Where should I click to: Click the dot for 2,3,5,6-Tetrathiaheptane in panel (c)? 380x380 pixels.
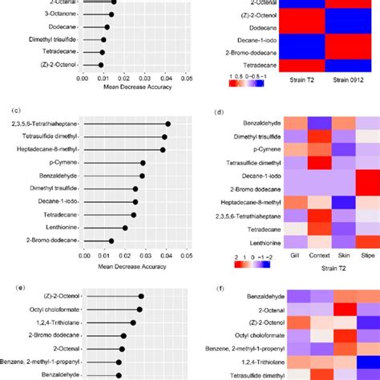168,123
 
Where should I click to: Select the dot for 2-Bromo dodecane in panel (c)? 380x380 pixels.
111,241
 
